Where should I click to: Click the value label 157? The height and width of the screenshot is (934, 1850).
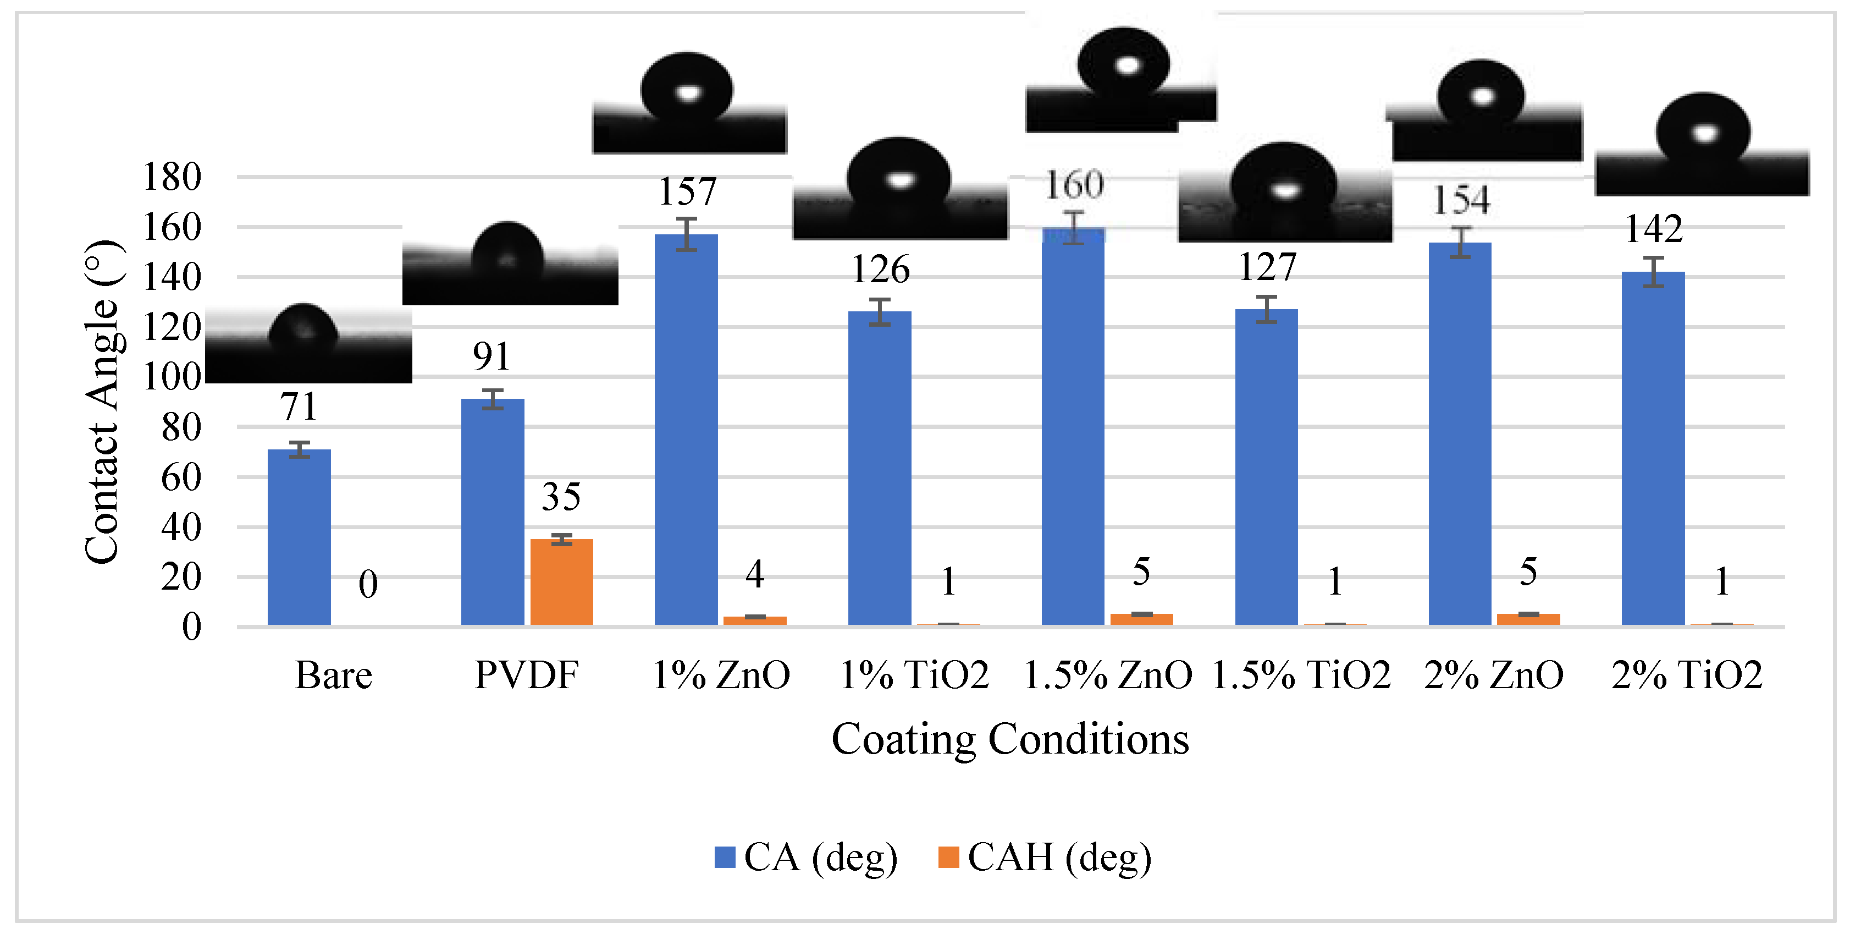pyautogui.click(x=687, y=192)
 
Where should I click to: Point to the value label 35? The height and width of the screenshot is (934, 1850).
pyautogui.click(x=561, y=497)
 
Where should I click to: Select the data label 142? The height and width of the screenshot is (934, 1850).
pyautogui.click(x=1654, y=229)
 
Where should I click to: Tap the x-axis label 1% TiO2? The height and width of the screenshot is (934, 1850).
pyautogui.click(x=914, y=675)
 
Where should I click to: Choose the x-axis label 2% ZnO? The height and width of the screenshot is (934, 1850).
pyautogui.click(x=1494, y=675)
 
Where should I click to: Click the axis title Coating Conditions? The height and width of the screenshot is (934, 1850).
pyautogui.click(x=1010, y=739)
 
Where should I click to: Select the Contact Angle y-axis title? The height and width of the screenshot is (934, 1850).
pyautogui.click(x=102, y=402)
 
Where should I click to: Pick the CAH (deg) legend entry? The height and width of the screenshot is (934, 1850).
pyautogui.click(x=1045, y=857)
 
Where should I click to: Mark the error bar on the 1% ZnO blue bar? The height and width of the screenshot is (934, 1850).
pyautogui.click(x=687, y=234)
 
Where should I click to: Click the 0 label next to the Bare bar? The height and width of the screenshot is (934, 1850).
pyautogui.click(x=368, y=584)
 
